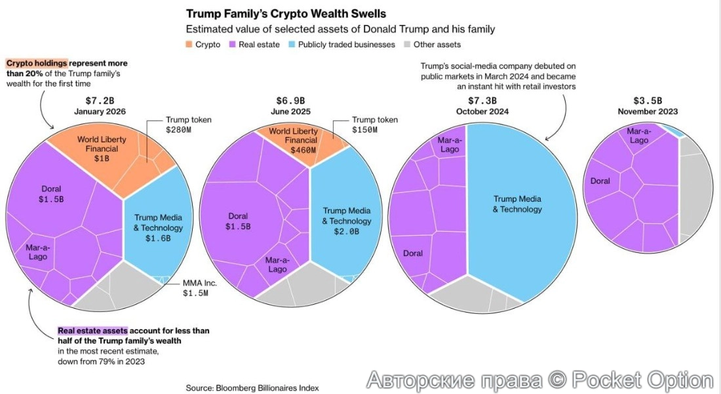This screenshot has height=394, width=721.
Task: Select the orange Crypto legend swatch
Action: (190, 45)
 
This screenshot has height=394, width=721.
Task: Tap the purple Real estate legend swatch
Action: (232, 45)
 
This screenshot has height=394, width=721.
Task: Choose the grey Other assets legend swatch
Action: (408, 45)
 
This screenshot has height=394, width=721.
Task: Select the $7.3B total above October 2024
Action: (482, 100)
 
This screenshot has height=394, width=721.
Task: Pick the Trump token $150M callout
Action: (374, 125)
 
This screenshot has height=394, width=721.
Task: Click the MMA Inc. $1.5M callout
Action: (196, 288)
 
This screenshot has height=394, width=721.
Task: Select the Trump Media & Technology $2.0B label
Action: (346, 221)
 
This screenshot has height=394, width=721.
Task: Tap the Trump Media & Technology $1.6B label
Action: (158, 228)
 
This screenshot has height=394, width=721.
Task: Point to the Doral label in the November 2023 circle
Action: (600, 181)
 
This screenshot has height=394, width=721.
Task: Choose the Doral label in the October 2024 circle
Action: (413, 253)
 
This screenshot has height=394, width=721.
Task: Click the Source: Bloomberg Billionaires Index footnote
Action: (252, 388)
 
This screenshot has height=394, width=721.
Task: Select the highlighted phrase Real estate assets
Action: (92, 331)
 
